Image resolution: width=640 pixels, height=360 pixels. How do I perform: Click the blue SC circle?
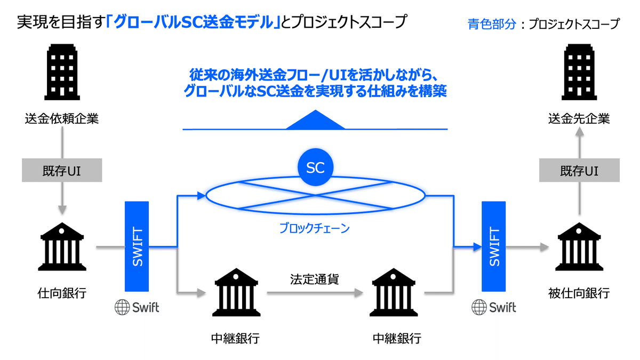(x=315, y=168)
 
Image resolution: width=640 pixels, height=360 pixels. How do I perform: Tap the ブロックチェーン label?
(x=315, y=229)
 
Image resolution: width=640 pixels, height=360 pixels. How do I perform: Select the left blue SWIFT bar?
(x=138, y=247)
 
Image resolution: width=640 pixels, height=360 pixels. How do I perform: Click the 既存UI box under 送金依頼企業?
(x=61, y=170)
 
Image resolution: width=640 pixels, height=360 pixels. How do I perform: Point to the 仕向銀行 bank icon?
(x=61, y=247)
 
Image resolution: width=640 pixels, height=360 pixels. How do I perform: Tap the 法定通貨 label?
(x=315, y=279)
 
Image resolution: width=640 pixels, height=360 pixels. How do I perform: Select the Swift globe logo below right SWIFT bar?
(x=494, y=307)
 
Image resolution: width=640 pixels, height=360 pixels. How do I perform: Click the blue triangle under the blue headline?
(x=315, y=121)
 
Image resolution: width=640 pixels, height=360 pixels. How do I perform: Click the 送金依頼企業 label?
(x=61, y=119)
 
